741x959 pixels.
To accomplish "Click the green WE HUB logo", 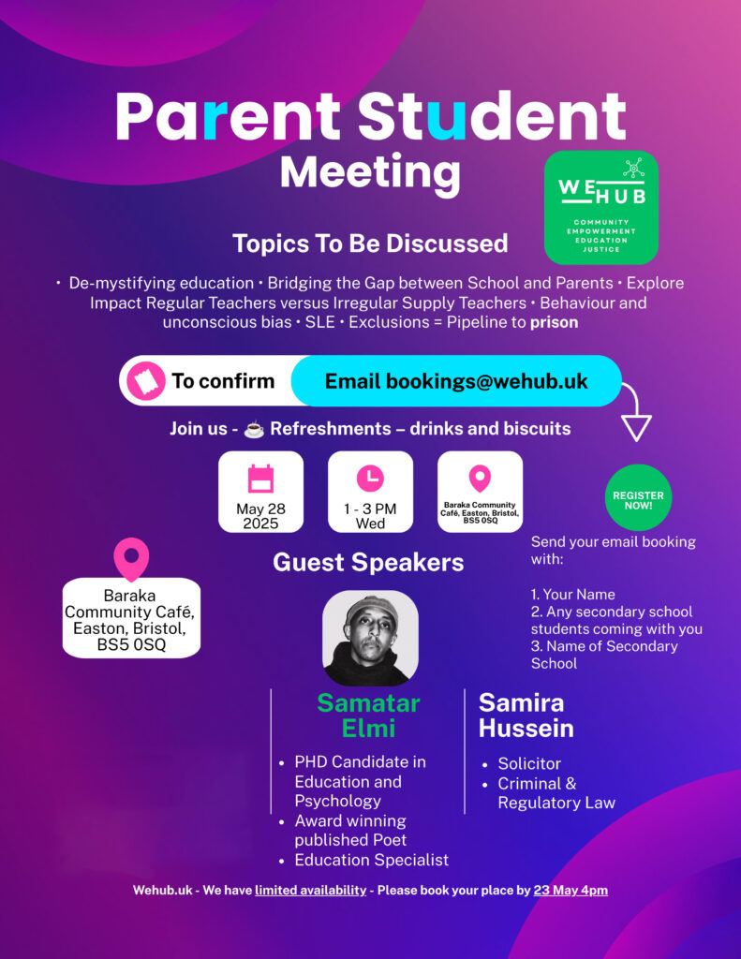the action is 600,207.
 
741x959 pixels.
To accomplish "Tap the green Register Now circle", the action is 638,497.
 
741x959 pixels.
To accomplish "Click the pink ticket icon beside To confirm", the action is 145,381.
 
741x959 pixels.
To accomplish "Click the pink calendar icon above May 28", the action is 260,479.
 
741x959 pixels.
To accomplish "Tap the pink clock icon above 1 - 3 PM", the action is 370,478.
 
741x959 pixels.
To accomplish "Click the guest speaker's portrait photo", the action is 370,638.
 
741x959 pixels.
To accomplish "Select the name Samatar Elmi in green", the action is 368,716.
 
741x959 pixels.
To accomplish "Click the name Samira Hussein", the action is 526,716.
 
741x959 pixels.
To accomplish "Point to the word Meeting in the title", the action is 370,173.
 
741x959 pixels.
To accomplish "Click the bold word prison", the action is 555,322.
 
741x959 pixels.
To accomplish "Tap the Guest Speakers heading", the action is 368,563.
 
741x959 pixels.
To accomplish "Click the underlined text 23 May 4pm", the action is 571,891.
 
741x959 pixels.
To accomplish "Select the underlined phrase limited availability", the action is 311,891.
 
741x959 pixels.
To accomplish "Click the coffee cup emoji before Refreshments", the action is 254,429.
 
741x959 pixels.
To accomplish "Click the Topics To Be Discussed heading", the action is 370,243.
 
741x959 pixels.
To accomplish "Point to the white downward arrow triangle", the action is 636,427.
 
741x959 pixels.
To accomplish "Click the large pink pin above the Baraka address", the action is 131,559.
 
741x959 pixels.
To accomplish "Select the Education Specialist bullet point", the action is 364,860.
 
